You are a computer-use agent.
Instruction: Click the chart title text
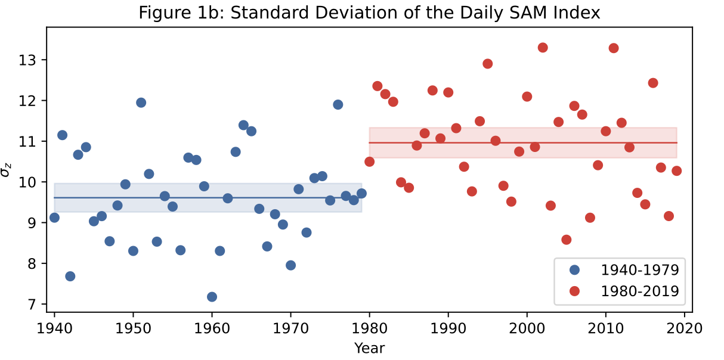[369, 13]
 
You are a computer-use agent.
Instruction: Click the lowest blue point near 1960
[212, 297]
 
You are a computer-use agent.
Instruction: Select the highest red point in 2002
[543, 48]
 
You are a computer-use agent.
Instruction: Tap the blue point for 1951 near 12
[141, 103]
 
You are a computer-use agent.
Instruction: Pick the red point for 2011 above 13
[614, 48]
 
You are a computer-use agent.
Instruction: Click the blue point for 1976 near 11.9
[338, 104]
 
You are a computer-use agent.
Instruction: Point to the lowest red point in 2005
[567, 240]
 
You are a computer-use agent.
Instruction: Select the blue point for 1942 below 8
[70, 276]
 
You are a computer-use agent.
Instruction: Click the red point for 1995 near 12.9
[487, 64]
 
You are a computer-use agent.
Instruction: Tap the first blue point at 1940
[54, 218]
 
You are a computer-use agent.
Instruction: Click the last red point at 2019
[676, 170]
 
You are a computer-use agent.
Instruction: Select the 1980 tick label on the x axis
[369, 328]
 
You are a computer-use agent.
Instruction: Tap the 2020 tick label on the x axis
[685, 328]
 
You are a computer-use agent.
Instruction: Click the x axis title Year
[369, 347]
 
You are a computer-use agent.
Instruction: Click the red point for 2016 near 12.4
[653, 83]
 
